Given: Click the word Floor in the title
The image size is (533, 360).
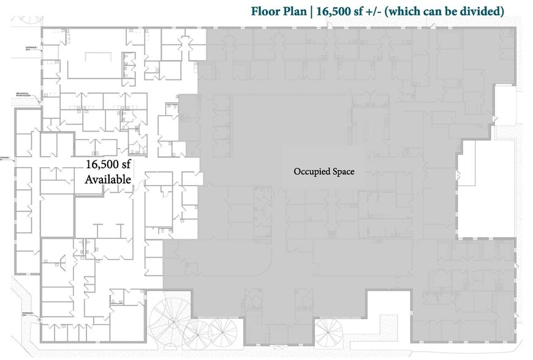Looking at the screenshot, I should point(267,12).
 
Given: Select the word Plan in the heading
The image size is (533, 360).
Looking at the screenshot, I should point(298,12).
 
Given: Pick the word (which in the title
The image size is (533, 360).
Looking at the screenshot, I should point(418,12).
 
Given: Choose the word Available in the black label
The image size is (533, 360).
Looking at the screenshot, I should point(108,179).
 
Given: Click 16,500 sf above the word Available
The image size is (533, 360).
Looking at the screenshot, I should point(108,165).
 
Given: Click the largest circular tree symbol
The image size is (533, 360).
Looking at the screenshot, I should point(172,313).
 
